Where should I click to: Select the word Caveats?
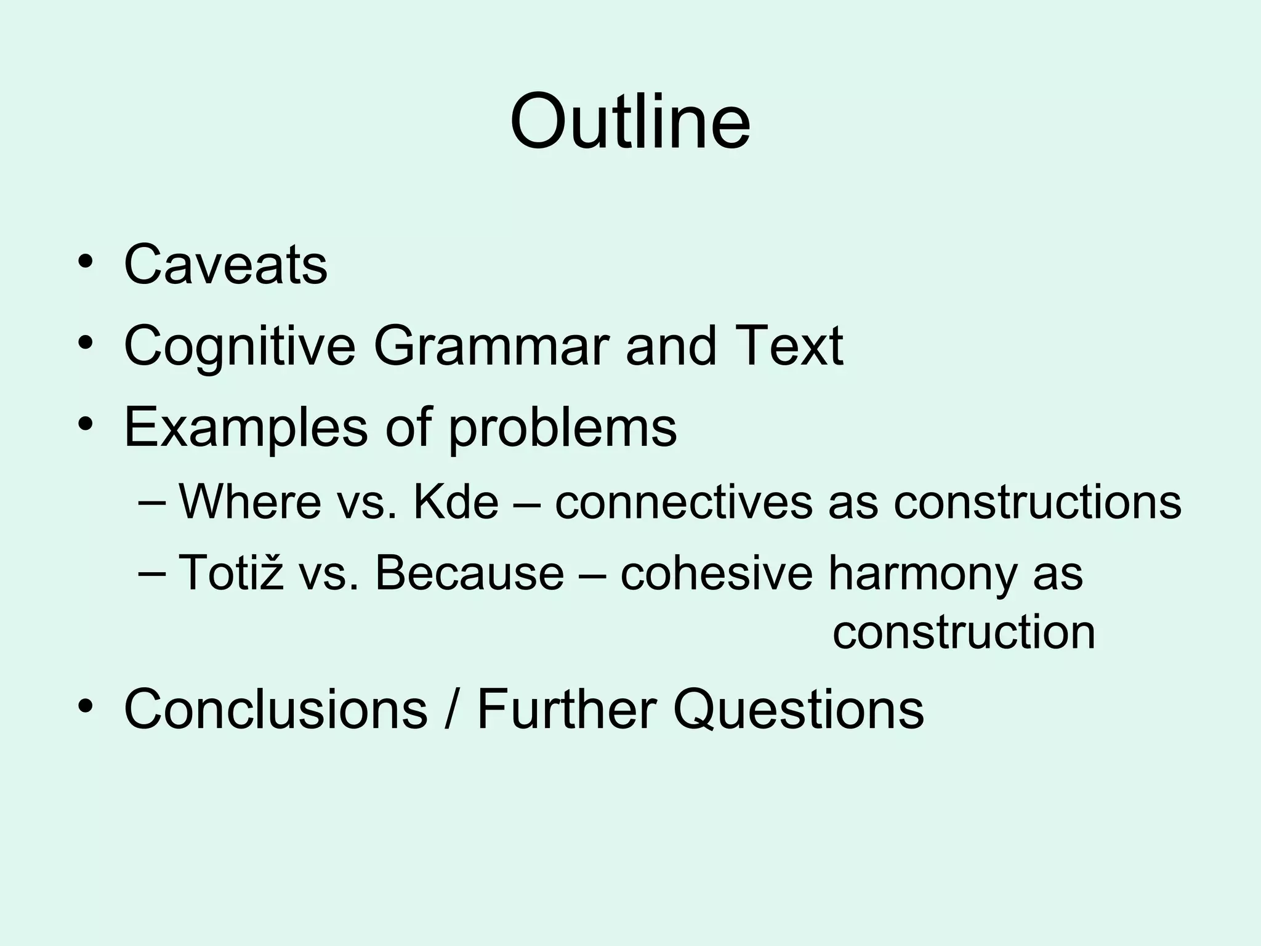[225, 265]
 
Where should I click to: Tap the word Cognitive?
[240, 347]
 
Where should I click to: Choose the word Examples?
[246, 428]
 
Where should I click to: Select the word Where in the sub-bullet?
[250, 502]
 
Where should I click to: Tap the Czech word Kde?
[456, 502]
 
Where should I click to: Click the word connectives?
[683, 502]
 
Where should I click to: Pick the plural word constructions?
[1037, 502]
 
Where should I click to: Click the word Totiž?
[231, 573]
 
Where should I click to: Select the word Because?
[469, 573]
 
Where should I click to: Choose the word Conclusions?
[276, 709]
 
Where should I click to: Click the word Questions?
[799, 709]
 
